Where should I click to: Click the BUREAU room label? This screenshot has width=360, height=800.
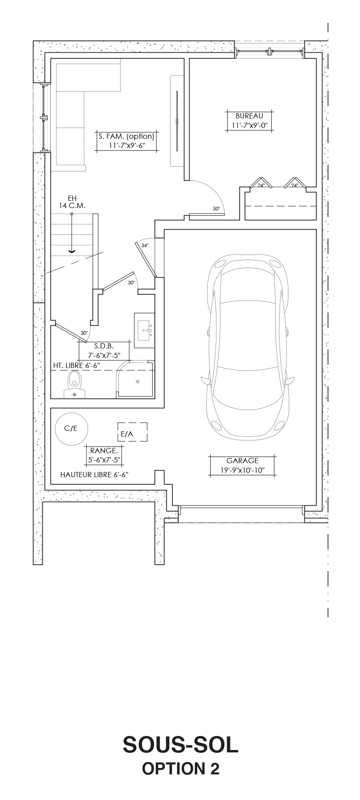tap(249, 116)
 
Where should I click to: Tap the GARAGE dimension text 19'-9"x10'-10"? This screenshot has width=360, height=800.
tap(242, 470)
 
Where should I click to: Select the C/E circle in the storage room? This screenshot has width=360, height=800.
tap(71, 428)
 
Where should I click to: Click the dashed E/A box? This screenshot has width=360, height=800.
tap(132, 432)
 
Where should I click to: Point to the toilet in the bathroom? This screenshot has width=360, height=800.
tap(74, 385)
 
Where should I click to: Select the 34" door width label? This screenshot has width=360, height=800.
tap(145, 246)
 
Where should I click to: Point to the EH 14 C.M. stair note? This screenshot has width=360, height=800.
tap(72, 202)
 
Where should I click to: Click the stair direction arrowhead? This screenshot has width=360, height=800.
tap(72, 251)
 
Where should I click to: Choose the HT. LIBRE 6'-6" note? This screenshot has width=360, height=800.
tap(76, 366)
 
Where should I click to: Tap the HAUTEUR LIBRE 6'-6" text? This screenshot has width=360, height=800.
tap(94, 475)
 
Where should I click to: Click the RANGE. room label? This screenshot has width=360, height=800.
tap(104, 450)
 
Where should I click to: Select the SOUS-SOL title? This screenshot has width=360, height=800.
tap(180, 745)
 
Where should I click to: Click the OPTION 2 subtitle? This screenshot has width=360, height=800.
tap(181, 769)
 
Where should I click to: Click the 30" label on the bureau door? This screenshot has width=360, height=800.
tap(216, 209)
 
